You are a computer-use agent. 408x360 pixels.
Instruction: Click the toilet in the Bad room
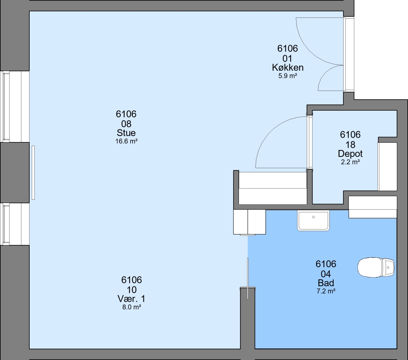coord(376,267)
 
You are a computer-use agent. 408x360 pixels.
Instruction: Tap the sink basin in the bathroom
coord(313,220)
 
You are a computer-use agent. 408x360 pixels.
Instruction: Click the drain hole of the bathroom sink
coord(313,217)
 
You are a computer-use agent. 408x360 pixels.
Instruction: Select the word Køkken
coord(287,68)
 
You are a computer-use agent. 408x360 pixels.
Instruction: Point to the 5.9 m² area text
coord(287,76)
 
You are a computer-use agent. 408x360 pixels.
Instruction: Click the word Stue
coord(126,133)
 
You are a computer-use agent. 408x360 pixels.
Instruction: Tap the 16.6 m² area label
coord(126,141)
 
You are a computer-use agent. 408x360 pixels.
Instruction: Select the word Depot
coord(350,154)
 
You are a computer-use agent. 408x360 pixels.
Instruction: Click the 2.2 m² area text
coord(350,162)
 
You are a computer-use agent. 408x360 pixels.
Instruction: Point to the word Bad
coord(326,283)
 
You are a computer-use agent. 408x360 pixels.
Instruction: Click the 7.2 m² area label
coord(326,291)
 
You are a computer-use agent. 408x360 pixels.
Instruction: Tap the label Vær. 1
coord(131,299)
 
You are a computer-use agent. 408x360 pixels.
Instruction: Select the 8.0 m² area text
coord(132,307)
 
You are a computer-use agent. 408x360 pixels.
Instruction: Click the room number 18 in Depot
coord(350,145)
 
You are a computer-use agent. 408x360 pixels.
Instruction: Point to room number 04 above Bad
coord(326,274)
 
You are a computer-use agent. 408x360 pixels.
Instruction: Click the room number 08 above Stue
coord(126,124)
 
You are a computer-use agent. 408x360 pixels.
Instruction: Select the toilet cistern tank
coord(388,267)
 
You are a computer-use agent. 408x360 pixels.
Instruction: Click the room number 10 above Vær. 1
coord(132,290)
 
